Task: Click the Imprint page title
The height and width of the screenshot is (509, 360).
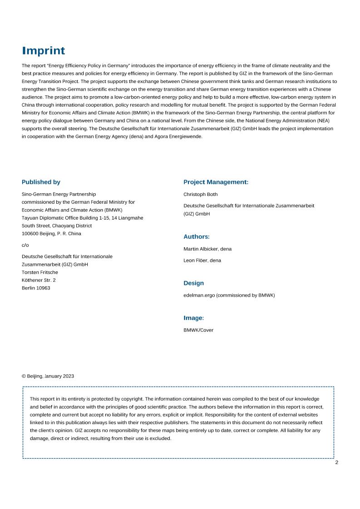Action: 44,50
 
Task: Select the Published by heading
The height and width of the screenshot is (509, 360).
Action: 41,182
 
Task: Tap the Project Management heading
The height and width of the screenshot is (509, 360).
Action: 216,182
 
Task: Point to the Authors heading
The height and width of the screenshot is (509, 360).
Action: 196,236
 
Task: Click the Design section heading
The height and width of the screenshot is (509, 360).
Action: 193,283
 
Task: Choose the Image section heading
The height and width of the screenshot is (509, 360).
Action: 193,318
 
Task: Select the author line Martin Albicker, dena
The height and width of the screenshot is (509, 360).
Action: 207,249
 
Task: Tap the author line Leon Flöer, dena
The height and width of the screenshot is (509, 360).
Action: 202,260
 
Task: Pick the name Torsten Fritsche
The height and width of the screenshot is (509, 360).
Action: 40,272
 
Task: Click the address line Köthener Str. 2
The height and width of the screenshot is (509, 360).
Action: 39,280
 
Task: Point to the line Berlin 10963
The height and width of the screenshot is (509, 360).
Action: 36,288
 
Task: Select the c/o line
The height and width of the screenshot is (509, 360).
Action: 25,245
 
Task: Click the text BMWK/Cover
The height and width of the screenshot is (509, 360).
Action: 198,330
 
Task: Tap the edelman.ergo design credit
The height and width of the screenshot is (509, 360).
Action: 229,295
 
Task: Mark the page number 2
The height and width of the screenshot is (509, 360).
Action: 336,462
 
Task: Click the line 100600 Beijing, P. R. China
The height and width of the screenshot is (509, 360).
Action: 51,234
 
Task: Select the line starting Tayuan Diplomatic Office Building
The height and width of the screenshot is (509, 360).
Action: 82,218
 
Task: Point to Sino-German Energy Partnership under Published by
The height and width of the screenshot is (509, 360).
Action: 59,194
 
